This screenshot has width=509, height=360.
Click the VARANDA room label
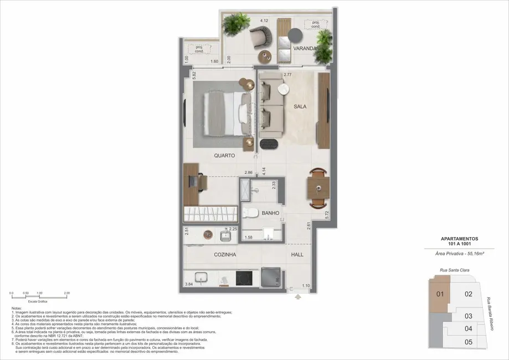pos(305,49)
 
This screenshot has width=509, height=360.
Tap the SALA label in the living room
pos(300,106)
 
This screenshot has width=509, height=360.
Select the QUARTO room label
pos(225,156)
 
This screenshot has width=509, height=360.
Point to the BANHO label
pos(270,213)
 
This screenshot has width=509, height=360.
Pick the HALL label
pos(297,255)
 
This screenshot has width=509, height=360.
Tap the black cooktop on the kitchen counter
pos(244,278)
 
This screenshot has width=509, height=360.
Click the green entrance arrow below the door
pos(298,297)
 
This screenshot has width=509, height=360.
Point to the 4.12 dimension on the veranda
pos(264,21)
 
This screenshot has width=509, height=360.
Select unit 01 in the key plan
pos(441,294)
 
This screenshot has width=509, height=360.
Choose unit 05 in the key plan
pos(468,342)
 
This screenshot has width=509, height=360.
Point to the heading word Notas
pos(17,308)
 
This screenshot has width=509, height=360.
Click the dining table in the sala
pos(317,187)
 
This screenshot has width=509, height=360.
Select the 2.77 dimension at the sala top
pos(287,74)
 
